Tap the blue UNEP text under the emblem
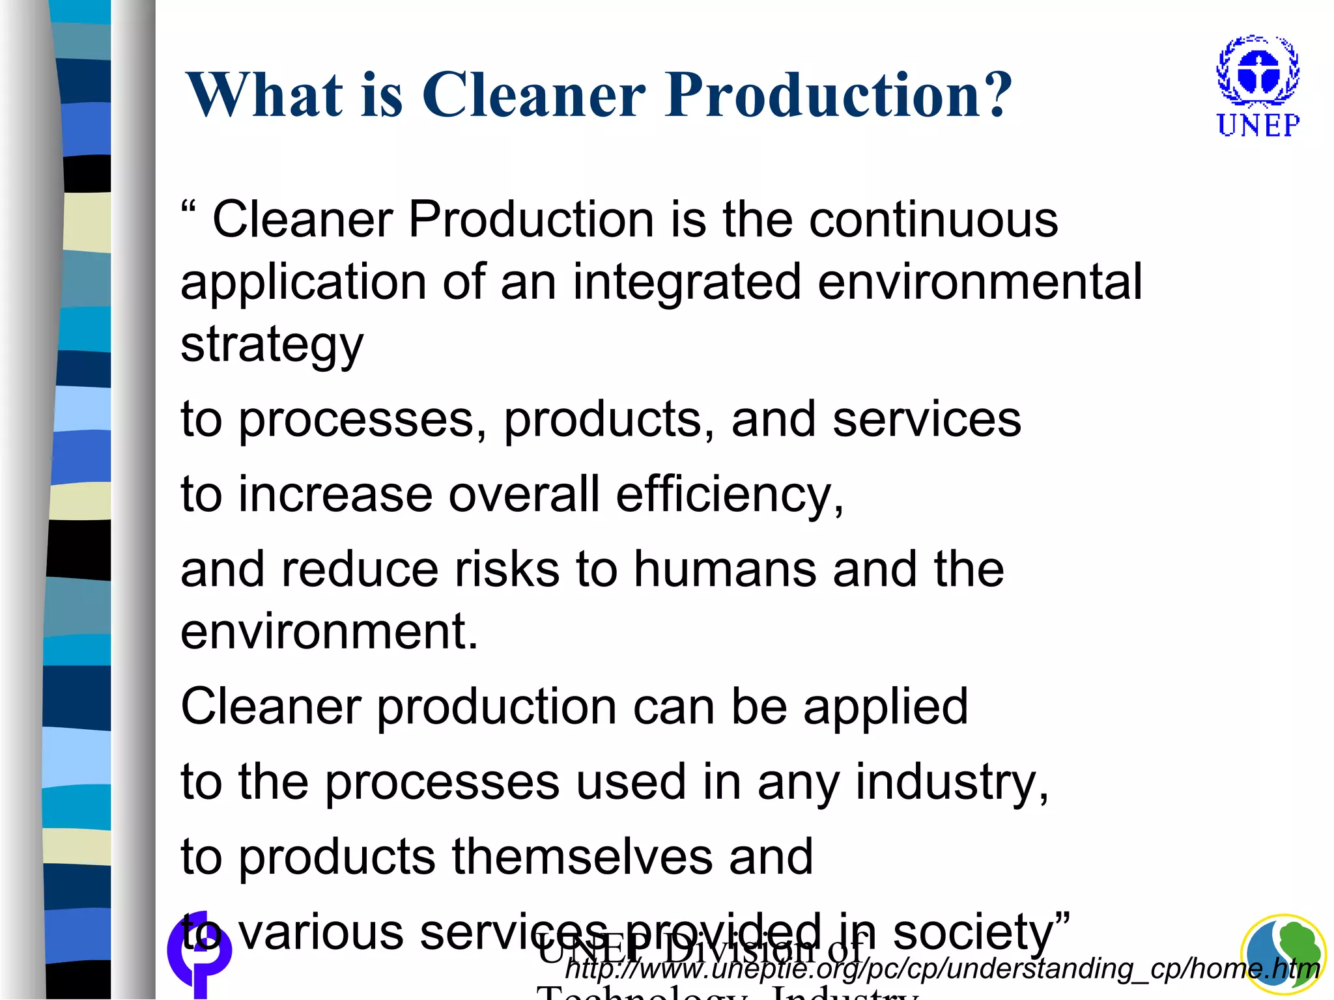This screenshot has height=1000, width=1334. click(x=1258, y=125)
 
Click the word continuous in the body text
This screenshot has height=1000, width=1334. click(x=933, y=219)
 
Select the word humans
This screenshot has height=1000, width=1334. click(x=725, y=569)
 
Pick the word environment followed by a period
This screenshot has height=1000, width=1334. click(x=329, y=631)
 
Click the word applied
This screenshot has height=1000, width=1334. click(x=885, y=707)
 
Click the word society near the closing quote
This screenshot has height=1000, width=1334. click(x=973, y=932)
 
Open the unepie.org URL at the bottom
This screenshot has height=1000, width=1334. click(x=942, y=969)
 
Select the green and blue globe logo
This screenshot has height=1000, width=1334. click(x=1282, y=954)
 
